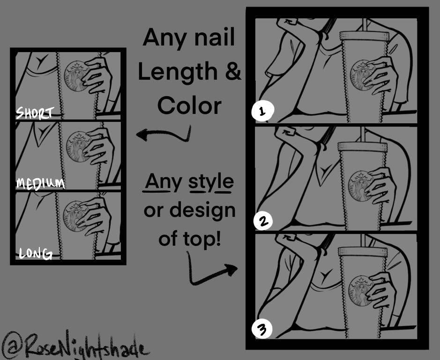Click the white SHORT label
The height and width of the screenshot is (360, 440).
point(35,112)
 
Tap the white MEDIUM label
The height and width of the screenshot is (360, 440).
point(40,184)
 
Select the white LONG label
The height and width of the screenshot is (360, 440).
point(36,254)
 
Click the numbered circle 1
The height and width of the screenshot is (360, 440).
point(262,111)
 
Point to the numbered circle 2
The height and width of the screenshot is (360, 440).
point(263,221)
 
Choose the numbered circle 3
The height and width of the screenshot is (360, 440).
point(262,329)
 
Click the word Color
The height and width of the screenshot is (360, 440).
point(189,106)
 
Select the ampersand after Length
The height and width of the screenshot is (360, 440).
point(233,71)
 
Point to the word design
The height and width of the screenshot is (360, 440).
point(202,211)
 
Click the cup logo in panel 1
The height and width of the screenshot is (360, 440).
point(362,75)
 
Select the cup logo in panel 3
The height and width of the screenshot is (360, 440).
point(361,291)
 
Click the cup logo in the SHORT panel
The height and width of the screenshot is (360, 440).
point(76,76)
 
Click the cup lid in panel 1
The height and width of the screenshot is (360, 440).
point(364,36)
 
